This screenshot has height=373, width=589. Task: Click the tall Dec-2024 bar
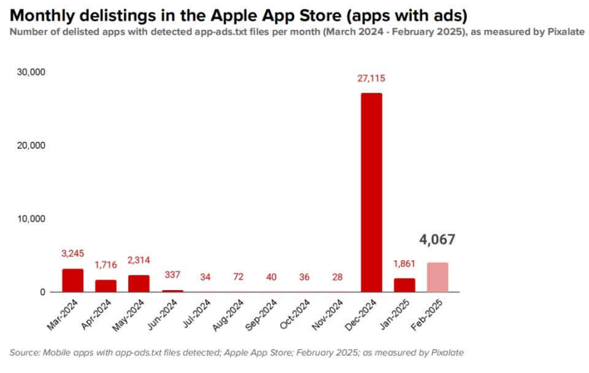pos(371,193)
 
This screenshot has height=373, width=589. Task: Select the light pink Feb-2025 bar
pos(437,277)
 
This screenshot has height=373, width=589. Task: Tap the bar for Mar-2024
pos(72,280)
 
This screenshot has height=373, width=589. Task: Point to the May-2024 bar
pos(139,283)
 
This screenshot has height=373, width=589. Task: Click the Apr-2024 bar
pos(106,286)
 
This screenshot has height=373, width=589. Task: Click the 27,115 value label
pos(371,79)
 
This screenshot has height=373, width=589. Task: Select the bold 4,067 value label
pos(437,239)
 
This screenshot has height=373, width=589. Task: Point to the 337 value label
pos(172,274)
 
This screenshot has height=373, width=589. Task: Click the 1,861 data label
pos(404,264)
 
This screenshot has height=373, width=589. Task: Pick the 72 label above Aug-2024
pos(238,277)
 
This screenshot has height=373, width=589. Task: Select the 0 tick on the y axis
pos(43,292)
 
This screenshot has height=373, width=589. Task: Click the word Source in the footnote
pos(25,352)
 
